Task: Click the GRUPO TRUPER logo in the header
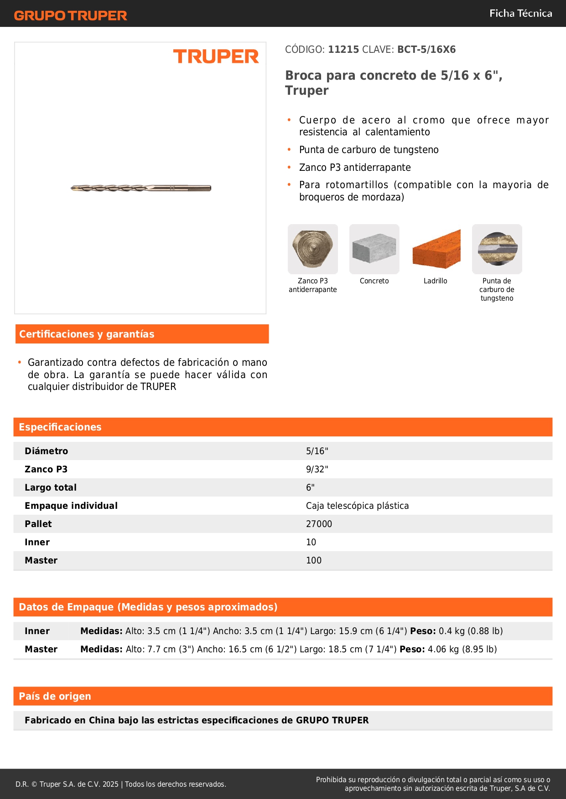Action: click(71, 15)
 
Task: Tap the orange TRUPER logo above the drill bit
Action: click(216, 56)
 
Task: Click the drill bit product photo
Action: click(141, 188)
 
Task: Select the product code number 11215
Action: click(343, 50)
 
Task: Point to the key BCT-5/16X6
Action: click(426, 50)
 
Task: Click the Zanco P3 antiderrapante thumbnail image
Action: click(313, 249)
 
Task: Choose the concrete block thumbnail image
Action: click(374, 249)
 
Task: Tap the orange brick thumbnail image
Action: click(436, 249)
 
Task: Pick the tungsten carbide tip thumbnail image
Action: click(497, 249)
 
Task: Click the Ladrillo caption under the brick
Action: click(435, 281)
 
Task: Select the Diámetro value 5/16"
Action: click(317, 451)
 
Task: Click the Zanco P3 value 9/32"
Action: click(317, 469)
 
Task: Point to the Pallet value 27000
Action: click(319, 524)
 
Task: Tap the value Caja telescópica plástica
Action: click(357, 506)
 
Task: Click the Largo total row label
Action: click(51, 487)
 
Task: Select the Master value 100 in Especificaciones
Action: click(314, 560)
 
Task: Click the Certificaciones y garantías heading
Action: click(87, 334)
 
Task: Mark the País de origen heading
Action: click(55, 696)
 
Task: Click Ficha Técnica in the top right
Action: click(520, 14)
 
